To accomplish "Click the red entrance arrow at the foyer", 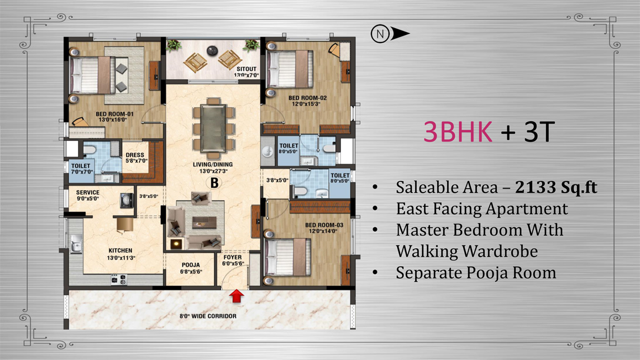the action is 237,296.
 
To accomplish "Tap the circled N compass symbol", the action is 380,34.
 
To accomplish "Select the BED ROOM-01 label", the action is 114,114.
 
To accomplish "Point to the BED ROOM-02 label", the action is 307,98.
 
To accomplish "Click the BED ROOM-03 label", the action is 324,225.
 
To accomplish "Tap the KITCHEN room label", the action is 120,251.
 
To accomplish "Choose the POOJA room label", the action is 191,265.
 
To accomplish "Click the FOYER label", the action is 233,258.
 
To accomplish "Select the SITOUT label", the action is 246,69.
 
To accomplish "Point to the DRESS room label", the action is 135,155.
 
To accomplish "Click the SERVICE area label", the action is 88,192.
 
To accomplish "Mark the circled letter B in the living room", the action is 214,183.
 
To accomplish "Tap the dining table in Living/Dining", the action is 213,128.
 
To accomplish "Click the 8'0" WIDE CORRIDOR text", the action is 208,316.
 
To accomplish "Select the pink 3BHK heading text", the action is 458,132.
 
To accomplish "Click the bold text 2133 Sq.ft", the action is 556,187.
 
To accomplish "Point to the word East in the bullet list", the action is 412,209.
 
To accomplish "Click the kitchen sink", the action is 76,244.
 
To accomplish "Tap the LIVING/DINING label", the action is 213,165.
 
